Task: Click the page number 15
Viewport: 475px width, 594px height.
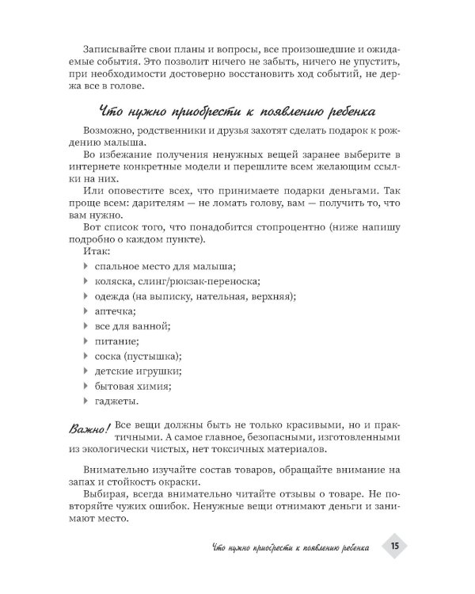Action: coord(394,546)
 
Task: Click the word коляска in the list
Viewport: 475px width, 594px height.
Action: coord(115,281)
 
